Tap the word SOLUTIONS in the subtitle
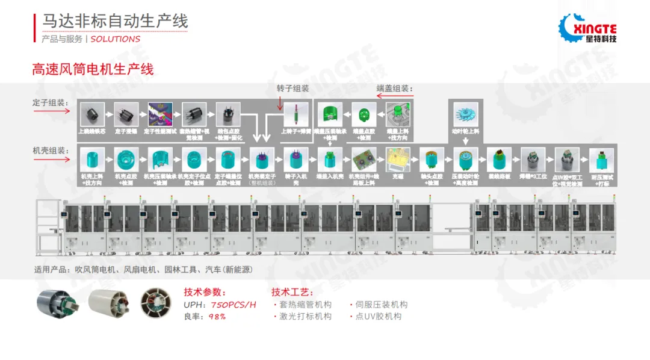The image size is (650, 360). (x=116, y=39)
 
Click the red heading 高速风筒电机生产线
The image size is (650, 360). (x=93, y=69)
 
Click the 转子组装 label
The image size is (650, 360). (x=293, y=88)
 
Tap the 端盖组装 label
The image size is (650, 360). (x=395, y=88)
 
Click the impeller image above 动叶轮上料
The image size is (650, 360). (x=465, y=115)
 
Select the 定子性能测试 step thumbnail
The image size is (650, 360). (x=161, y=114)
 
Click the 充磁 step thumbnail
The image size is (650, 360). (x=398, y=160)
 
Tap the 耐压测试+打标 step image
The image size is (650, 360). (x=601, y=160)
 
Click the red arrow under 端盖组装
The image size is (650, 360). (x=395, y=95)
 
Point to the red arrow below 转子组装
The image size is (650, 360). (x=281, y=102)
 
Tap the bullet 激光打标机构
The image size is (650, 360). (x=305, y=316)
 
